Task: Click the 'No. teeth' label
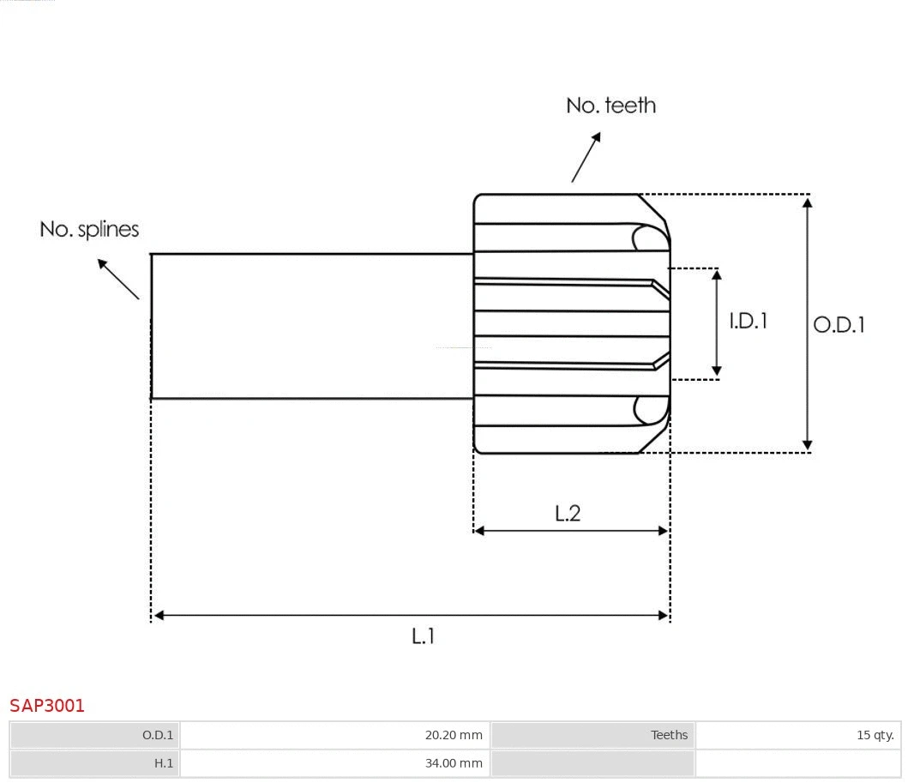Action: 610,105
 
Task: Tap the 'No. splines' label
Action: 89,229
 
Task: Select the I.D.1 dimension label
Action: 748,321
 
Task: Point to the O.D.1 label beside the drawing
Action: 839,324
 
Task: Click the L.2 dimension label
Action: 568,513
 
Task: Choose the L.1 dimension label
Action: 424,636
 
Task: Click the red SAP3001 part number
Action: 47,706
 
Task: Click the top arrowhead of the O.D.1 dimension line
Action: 807,202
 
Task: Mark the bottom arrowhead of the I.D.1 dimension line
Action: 717,371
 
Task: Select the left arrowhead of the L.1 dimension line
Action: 159,615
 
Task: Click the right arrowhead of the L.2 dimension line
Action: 663,531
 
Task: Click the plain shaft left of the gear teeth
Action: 312,326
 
